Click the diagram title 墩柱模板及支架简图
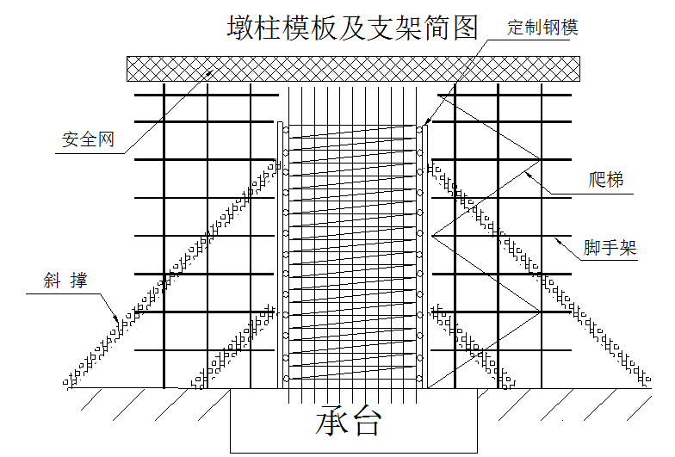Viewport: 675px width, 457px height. point(353,28)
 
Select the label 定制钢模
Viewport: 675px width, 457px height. point(542,28)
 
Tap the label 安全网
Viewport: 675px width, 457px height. point(88,139)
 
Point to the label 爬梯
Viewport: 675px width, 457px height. point(606,179)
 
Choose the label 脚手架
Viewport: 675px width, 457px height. point(610,248)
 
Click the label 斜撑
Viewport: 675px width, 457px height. point(65,281)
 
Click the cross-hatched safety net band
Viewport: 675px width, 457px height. point(353,69)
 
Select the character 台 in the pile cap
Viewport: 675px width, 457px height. point(365,421)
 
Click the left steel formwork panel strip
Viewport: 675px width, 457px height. point(281,255)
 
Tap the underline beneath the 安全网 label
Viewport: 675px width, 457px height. point(90,153)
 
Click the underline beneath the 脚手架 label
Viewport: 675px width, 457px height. point(607,260)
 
